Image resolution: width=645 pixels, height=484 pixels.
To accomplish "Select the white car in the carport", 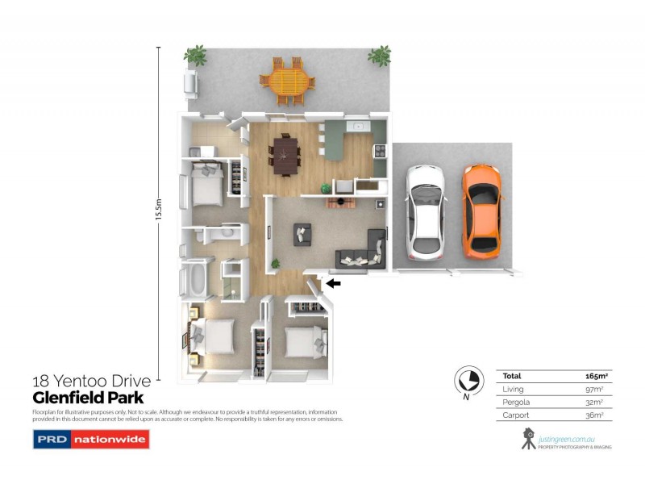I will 426,211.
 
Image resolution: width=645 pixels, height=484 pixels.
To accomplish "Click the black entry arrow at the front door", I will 334,283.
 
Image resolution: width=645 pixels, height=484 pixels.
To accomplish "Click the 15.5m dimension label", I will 159,215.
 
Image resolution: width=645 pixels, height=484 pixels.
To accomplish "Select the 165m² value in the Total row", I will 595,376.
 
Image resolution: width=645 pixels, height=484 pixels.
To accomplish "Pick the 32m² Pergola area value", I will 596,402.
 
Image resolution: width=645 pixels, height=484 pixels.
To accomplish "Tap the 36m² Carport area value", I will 596,415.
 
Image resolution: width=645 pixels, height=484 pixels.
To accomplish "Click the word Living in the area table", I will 513,389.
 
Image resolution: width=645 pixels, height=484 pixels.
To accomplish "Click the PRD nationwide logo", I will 90,440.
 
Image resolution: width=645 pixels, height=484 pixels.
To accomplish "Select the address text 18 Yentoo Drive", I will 91,382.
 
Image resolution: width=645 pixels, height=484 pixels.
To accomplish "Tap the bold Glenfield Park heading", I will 88,398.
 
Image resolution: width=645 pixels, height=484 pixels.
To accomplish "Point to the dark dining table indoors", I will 286,154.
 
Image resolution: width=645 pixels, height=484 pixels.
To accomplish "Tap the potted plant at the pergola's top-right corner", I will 379,56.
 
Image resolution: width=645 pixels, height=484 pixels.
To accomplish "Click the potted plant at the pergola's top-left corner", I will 195,55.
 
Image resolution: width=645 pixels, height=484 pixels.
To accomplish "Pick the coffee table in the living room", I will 302,233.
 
